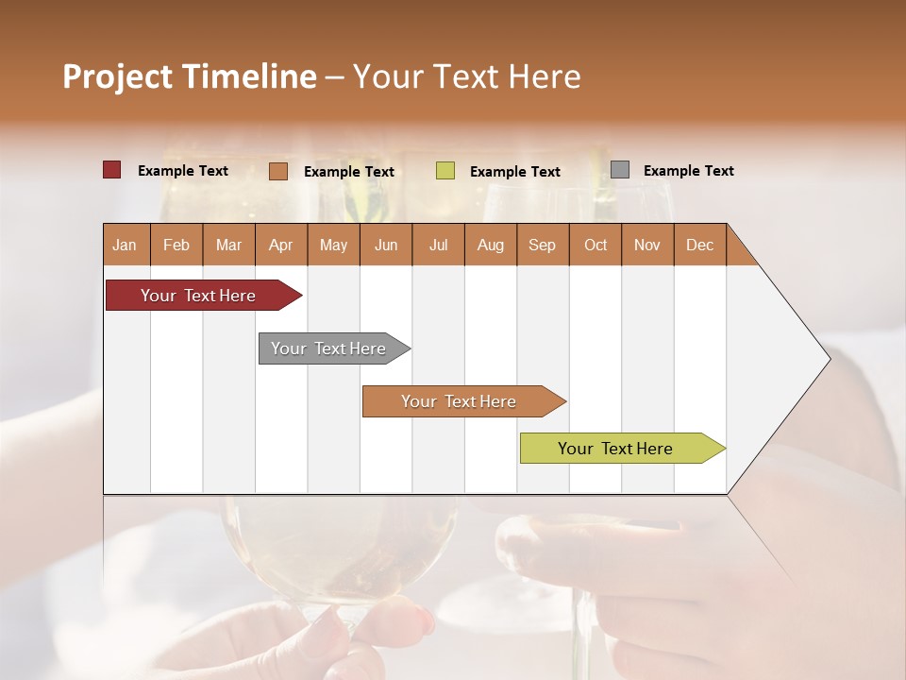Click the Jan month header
(126, 245)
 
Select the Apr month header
(281, 245)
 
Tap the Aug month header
(491, 245)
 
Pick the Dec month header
(699, 245)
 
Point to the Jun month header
(386, 245)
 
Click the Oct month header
(596, 245)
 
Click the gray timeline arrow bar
(330, 348)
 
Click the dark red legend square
(112, 170)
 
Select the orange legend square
(278, 171)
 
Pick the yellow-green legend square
(445, 171)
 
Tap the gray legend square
(620, 170)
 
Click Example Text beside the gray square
(688, 171)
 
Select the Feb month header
(176, 245)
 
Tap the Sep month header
(543, 245)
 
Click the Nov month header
(647, 245)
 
